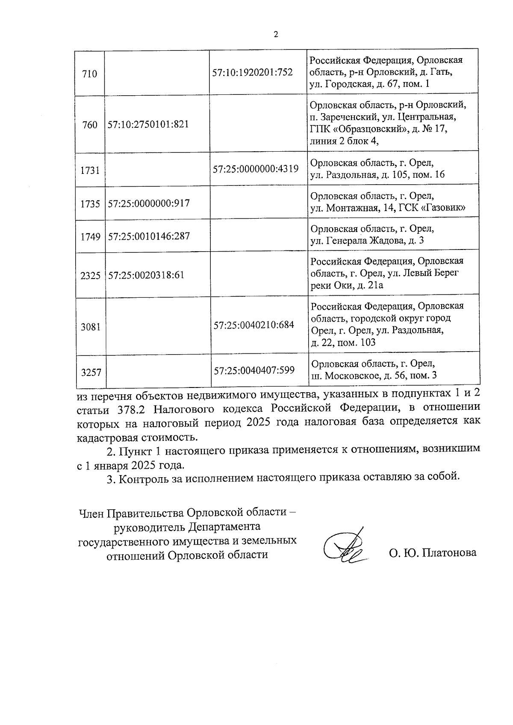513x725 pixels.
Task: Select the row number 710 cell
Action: pyautogui.click(x=89, y=74)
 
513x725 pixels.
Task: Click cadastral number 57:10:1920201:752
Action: pyautogui.click(x=252, y=72)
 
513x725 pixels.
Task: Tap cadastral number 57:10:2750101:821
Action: pyautogui.click(x=148, y=125)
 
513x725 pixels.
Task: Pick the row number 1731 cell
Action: pyautogui.click(x=90, y=170)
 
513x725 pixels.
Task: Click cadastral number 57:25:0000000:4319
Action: pyautogui.click(x=256, y=169)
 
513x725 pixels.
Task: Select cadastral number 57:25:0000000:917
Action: pyautogui.click(x=149, y=203)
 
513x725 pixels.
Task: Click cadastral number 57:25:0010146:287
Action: pyautogui.click(x=149, y=236)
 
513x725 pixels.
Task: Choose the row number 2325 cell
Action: pyautogui.click(x=90, y=276)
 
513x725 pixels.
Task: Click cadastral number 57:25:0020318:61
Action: pyautogui.click(x=146, y=275)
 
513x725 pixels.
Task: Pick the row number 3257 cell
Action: pyautogui.click(x=91, y=372)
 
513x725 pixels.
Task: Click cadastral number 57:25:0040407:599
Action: pyautogui.click(x=254, y=370)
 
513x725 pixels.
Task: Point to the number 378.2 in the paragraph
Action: pyautogui.click(x=131, y=409)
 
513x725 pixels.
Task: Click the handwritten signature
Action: pyautogui.click(x=345, y=548)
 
